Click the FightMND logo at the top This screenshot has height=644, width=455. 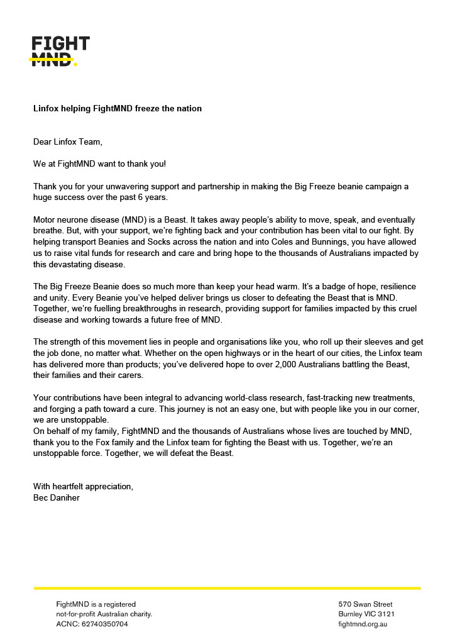tap(61, 51)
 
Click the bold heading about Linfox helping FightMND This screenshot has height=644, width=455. tap(118, 109)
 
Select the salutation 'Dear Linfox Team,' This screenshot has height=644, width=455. tap(67, 142)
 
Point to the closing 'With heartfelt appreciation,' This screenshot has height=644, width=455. tap(83, 487)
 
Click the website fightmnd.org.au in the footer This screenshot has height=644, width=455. tap(363, 625)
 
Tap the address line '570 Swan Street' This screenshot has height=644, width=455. tap(365, 604)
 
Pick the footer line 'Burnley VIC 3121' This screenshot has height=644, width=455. tap(366, 614)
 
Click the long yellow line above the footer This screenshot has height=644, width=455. tap(227, 588)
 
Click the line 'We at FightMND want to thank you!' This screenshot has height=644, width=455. tap(100, 164)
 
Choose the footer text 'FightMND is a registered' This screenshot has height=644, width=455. tap(96, 604)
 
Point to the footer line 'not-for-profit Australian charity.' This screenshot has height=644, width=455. tap(104, 614)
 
